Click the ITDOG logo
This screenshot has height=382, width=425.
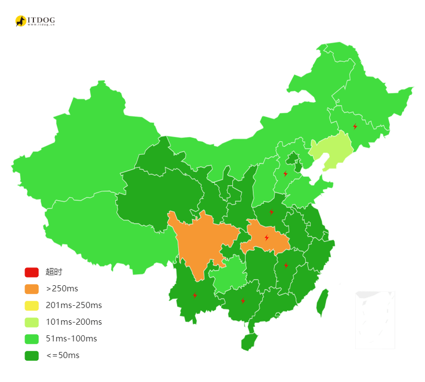pos(35,21)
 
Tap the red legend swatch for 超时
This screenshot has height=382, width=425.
pos(31,272)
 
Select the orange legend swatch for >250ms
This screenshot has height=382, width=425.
pos(31,289)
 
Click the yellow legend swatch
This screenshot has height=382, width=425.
pos(31,306)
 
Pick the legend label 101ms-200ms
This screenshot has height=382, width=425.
pos(74,322)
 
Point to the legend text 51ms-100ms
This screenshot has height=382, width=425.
pos(71,339)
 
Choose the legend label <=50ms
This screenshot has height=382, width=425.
pos(62,355)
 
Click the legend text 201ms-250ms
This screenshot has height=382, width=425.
pos(74,305)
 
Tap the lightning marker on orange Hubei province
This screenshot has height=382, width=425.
pos(266,237)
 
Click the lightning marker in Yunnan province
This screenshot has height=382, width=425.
pos(194,295)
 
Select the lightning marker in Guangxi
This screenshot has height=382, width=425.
pos(243,301)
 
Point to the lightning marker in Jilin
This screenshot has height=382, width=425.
pos(355,126)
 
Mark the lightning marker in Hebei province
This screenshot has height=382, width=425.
pos(285,173)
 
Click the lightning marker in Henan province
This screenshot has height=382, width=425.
pos(271,212)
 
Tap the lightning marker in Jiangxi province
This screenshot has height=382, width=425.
pos(286,265)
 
